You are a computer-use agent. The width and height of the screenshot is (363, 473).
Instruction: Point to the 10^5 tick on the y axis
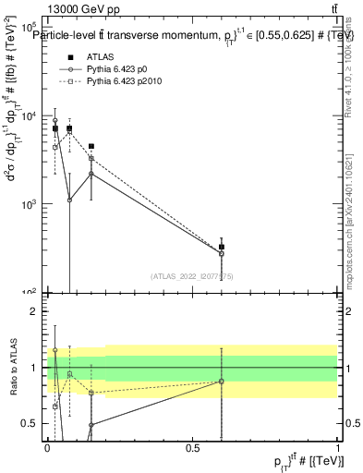32,29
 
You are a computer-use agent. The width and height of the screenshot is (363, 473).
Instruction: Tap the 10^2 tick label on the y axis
32,291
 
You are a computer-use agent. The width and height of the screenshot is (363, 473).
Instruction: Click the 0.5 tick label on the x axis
193,448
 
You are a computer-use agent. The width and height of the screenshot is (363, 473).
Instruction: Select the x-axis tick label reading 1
338,448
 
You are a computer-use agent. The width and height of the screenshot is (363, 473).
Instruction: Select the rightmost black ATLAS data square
222,247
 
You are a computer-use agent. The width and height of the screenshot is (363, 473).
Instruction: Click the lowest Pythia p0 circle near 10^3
69,200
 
